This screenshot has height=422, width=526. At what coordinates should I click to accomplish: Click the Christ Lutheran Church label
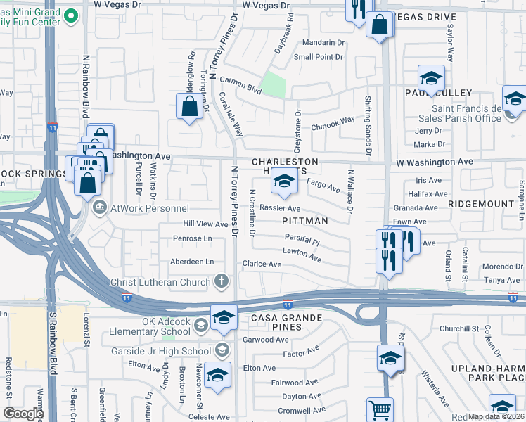point(160,283)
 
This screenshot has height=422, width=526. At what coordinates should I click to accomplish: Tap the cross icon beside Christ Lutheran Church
point(222,282)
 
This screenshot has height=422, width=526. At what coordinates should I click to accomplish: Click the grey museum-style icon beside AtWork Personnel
point(100,207)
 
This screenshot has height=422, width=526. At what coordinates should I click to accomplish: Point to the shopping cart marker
point(380,409)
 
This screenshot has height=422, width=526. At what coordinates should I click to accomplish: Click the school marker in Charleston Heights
point(283,184)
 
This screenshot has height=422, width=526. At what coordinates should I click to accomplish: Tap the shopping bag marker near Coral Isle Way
point(189,108)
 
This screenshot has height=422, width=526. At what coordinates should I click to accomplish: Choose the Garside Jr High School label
point(161,350)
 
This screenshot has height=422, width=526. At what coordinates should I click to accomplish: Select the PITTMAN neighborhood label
point(305,221)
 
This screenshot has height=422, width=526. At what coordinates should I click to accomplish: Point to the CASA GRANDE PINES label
point(286,319)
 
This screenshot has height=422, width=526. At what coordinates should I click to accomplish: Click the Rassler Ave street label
point(280,208)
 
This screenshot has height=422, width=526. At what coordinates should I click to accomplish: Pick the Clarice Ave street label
point(262,264)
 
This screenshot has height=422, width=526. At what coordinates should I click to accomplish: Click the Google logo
point(23,414)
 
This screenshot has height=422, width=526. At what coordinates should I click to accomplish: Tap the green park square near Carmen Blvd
point(273,85)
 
